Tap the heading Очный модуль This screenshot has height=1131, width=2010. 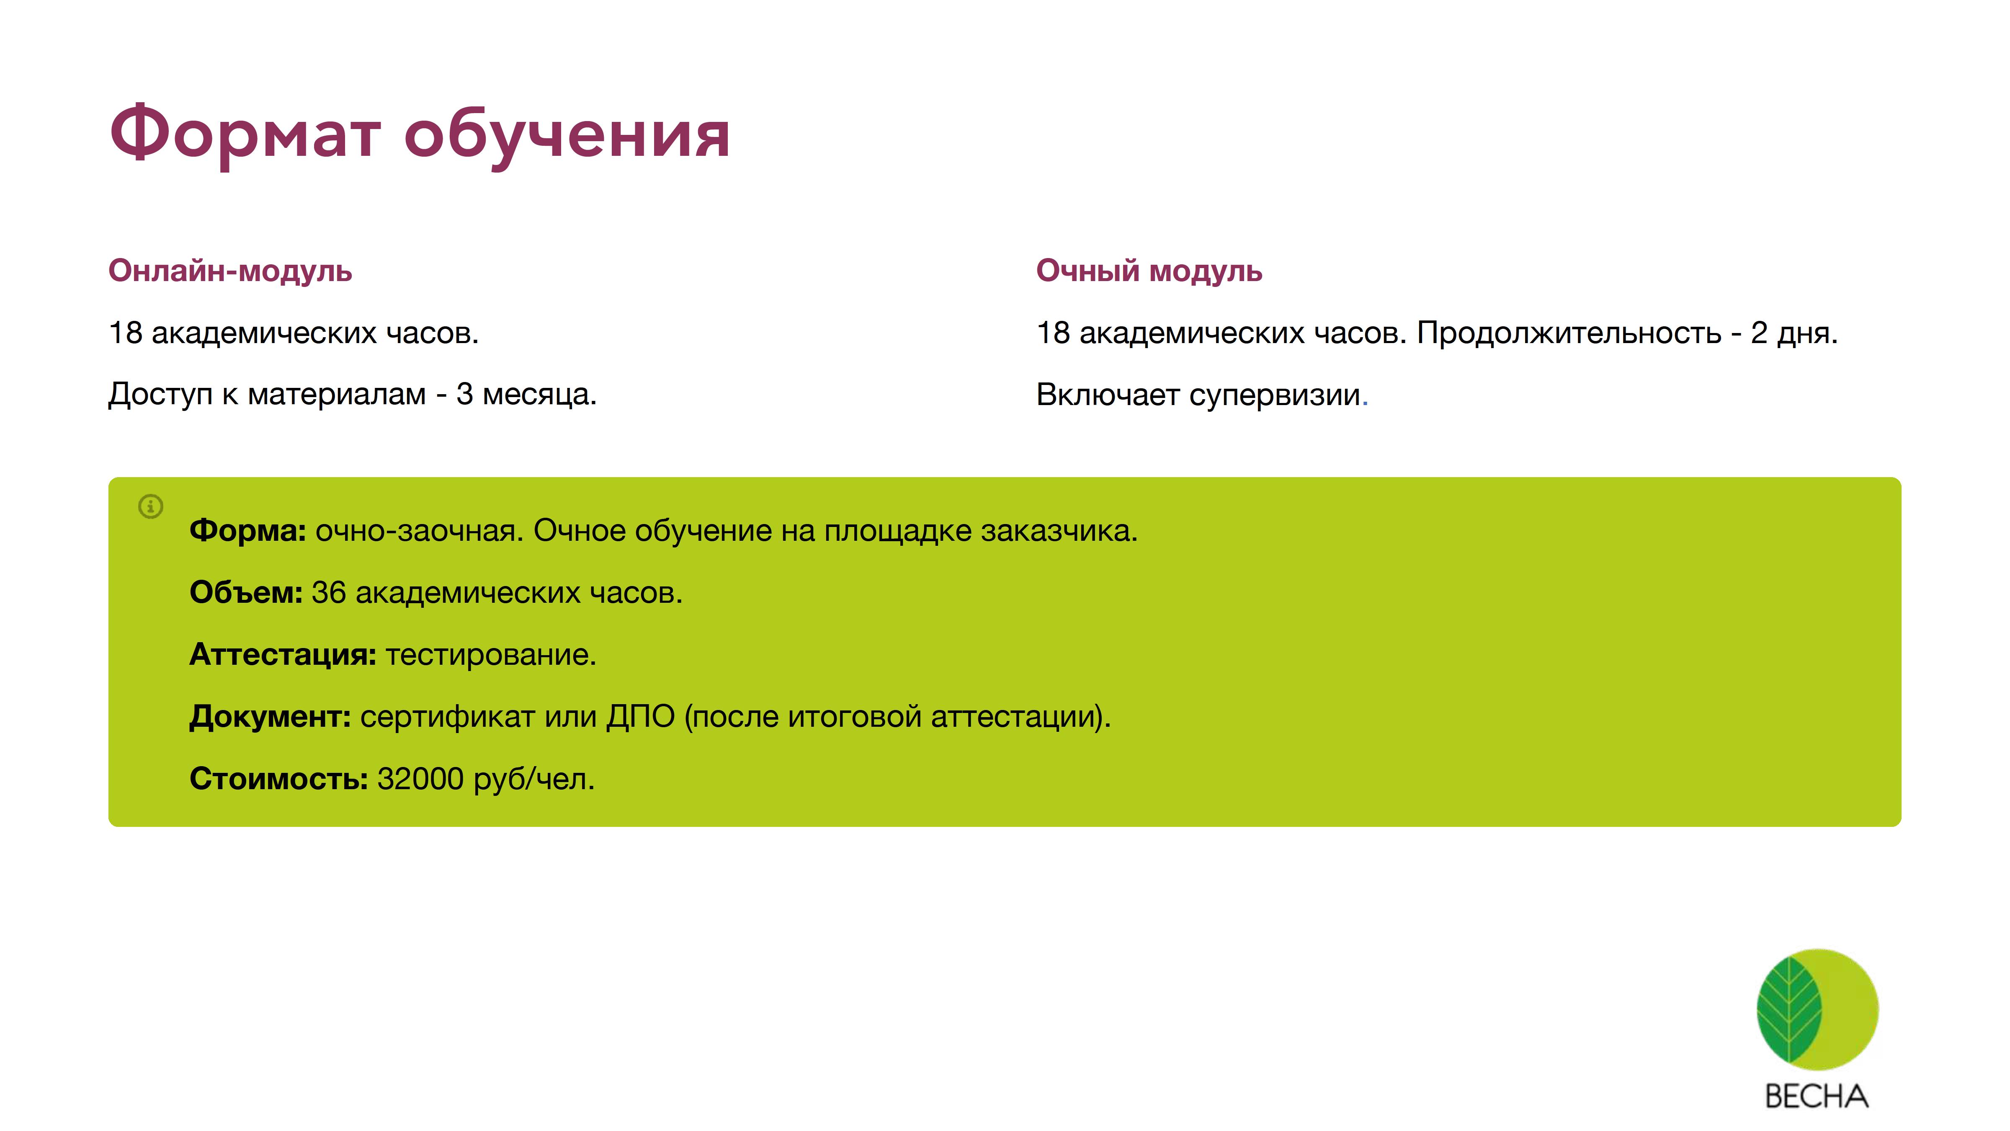pos(1149,271)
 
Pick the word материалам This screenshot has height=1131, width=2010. pos(337,394)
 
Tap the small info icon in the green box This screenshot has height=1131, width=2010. pos(151,506)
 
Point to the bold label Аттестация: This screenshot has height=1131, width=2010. pos(283,654)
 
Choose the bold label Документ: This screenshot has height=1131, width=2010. pos(270,717)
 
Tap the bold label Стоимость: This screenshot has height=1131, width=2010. pos(278,779)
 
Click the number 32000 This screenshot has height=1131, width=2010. pos(420,779)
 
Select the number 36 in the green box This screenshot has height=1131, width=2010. pos(328,592)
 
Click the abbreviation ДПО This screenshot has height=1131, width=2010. pos(641,717)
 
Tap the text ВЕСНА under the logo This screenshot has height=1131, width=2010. pos(1817,1097)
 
